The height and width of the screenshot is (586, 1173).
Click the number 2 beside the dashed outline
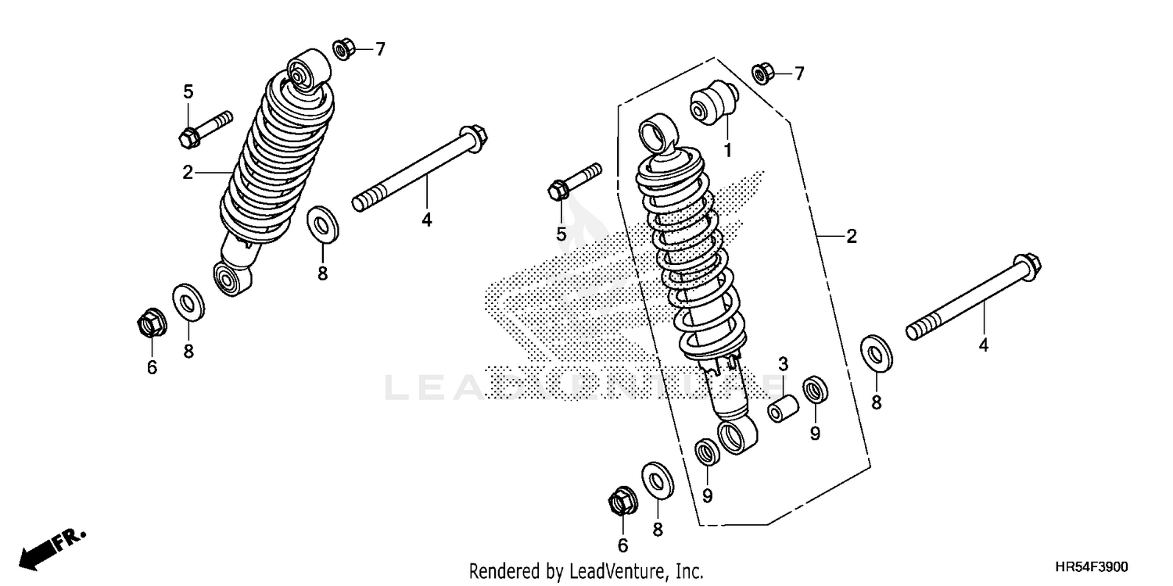[x=851, y=237]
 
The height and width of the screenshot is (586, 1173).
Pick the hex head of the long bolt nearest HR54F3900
[x=1027, y=263]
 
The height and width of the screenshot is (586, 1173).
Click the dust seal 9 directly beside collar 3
[x=815, y=388]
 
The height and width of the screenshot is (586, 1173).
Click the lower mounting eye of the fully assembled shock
[x=232, y=279]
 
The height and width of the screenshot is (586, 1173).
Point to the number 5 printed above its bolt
[x=188, y=91]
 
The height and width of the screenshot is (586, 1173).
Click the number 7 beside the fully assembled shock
[x=380, y=50]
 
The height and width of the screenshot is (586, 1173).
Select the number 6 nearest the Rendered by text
[x=622, y=545]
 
